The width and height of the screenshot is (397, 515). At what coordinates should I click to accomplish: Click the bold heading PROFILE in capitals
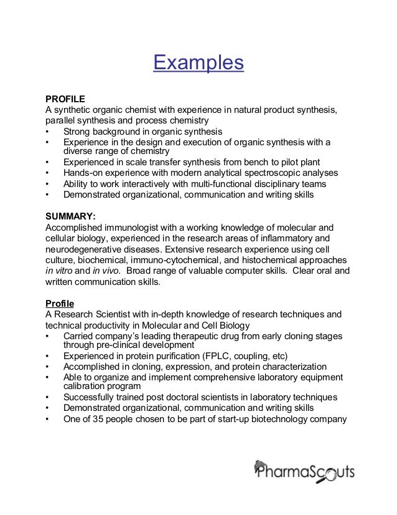tap(64, 99)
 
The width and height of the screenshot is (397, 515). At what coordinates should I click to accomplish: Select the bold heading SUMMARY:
tap(69, 215)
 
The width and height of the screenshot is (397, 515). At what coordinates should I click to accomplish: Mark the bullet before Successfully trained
tap(48, 397)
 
